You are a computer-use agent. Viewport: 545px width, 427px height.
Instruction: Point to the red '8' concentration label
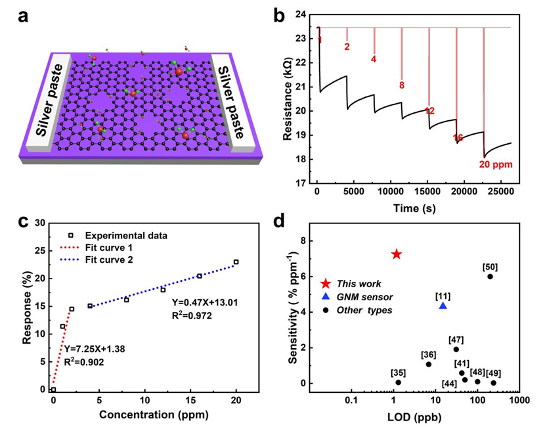coord(401,85)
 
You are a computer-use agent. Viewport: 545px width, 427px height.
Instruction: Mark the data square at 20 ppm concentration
coord(236,262)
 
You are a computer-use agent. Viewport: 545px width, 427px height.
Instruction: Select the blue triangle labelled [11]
coord(443,305)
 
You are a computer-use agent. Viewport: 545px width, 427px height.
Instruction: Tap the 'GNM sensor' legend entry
coord(359,296)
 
